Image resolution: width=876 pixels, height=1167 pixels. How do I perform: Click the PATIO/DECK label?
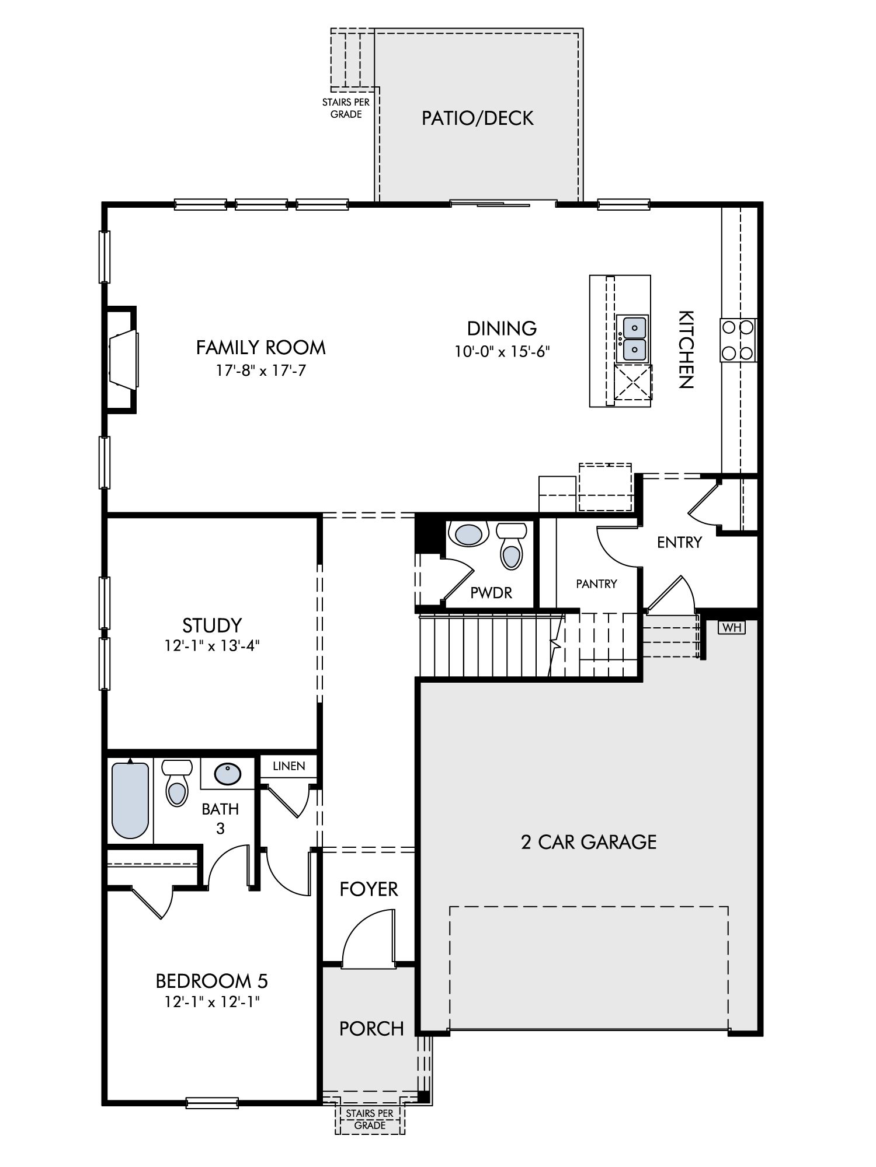(x=478, y=118)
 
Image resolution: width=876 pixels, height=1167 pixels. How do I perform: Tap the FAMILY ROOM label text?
(x=260, y=347)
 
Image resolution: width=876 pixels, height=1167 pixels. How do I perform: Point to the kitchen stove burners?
(x=738, y=340)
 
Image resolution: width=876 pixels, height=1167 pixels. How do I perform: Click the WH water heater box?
(x=731, y=627)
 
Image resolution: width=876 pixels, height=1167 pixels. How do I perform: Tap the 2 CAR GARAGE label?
(x=589, y=841)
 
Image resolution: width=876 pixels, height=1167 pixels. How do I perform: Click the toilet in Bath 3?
(x=176, y=783)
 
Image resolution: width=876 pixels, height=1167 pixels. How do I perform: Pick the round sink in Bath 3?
(x=227, y=774)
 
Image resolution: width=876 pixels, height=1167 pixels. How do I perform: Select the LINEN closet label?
(x=288, y=766)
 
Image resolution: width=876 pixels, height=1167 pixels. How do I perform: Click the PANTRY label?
(x=596, y=583)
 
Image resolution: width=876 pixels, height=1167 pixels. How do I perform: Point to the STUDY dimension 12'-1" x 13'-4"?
(x=212, y=646)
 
